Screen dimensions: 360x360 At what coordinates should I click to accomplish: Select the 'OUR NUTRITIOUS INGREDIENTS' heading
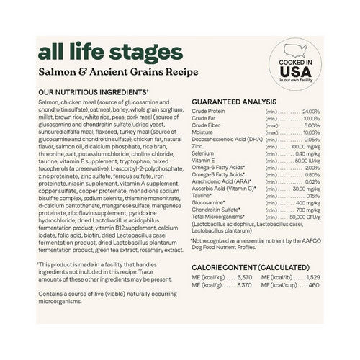pyautogui.click(x=84, y=93)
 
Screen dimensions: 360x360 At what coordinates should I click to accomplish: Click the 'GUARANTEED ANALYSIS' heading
pyautogui.click(x=233, y=103)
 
